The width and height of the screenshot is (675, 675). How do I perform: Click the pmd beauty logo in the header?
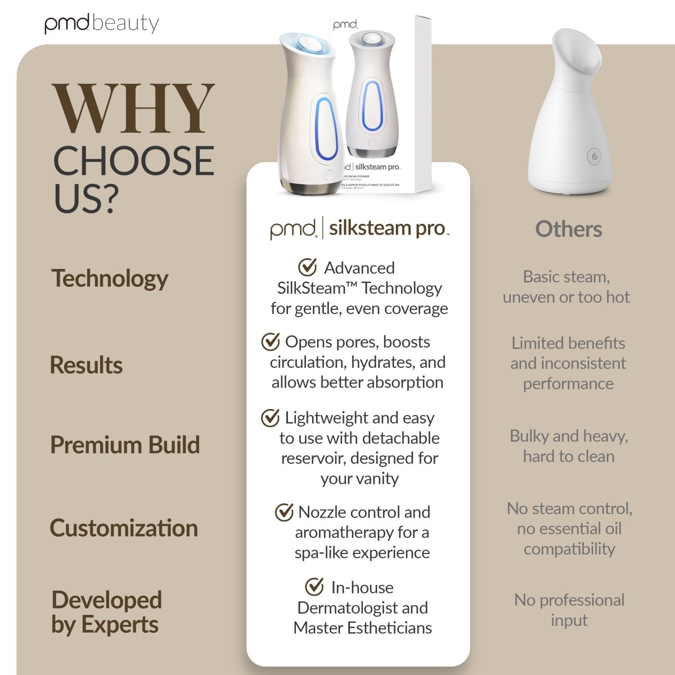pyautogui.click(x=102, y=24)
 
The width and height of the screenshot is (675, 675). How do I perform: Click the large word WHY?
pyautogui.click(x=133, y=110)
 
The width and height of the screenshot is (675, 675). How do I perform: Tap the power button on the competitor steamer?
pyautogui.click(x=595, y=156)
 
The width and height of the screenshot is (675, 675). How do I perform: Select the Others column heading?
pyautogui.click(x=568, y=229)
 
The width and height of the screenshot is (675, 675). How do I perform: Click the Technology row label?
pyautogui.click(x=110, y=278)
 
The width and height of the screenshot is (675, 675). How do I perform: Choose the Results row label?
pyautogui.click(x=86, y=365)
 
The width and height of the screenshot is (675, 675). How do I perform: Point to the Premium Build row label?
pyautogui.click(x=125, y=445)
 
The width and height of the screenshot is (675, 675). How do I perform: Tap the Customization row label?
pyautogui.click(x=124, y=528)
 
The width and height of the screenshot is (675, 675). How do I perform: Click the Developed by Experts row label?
pyautogui.click(x=106, y=612)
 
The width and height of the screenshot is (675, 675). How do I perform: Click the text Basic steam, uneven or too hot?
pyautogui.click(x=566, y=287)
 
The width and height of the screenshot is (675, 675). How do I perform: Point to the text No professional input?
pyautogui.click(x=569, y=610)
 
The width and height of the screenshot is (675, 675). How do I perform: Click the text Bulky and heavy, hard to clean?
pyautogui.click(x=569, y=446)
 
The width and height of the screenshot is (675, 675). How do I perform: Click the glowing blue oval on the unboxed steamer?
pyautogui.click(x=323, y=130)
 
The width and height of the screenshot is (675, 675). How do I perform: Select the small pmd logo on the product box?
pyautogui.click(x=345, y=25)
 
